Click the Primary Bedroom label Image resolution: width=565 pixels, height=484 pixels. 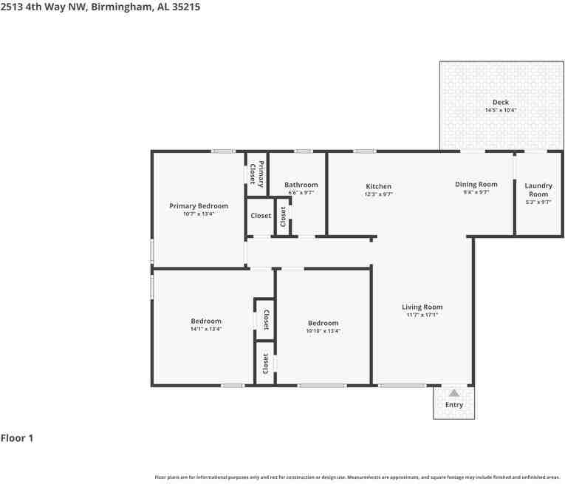click(x=198, y=206)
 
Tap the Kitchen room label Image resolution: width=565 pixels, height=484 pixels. click(x=378, y=186)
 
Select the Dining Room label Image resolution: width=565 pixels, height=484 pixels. click(x=476, y=184)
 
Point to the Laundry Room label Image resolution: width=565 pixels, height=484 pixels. click(x=538, y=190)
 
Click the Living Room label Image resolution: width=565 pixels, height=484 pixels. click(x=422, y=307)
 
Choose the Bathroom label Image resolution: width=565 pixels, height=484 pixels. click(x=301, y=185)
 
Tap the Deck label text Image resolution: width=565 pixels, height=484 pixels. click(x=500, y=103)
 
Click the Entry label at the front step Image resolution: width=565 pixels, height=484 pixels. click(x=453, y=405)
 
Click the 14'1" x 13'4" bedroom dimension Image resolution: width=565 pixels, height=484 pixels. click(x=205, y=329)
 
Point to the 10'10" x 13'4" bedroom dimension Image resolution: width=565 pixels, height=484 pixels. click(x=323, y=331)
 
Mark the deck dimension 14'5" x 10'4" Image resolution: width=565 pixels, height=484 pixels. click(x=500, y=110)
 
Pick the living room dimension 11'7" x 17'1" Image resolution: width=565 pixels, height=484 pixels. click(x=422, y=315)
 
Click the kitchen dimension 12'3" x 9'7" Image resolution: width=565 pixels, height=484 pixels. click(x=378, y=194)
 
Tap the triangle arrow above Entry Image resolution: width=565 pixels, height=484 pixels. click(x=453, y=393)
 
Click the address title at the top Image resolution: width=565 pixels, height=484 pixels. click(x=100, y=7)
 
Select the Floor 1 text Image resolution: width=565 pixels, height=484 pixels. click(x=17, y=438)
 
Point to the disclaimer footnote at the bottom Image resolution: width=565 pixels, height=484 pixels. click(x=357, y=477)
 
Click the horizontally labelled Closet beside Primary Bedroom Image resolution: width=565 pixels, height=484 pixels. click(x=261, y=216)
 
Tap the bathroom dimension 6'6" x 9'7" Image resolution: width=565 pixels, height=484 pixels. click(x=301, y=193)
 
